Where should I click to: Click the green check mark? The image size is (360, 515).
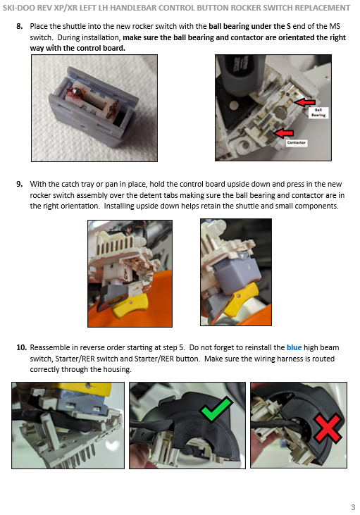215,409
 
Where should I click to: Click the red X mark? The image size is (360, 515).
328,428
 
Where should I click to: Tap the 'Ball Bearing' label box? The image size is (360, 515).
318,112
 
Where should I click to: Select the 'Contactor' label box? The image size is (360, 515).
297,142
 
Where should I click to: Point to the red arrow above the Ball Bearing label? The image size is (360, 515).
304,102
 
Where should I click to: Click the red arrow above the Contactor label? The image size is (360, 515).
284,133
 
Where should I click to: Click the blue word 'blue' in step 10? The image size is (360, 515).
294,347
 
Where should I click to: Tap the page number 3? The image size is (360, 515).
353,507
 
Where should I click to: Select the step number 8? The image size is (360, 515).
20,26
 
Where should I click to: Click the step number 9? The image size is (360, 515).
20,184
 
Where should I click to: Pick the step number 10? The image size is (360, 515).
21,347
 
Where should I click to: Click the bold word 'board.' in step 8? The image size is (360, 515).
115,49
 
